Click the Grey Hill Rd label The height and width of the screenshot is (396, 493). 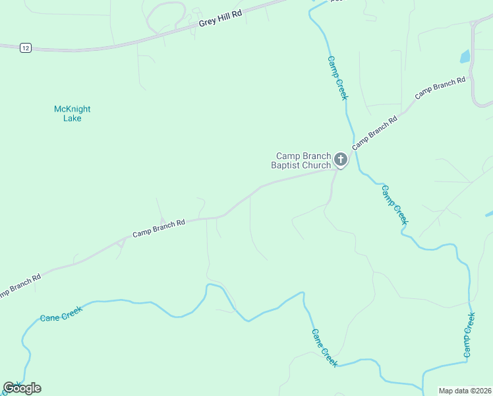220,22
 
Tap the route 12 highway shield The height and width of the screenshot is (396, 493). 25,48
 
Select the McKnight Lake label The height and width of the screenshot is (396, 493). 72,114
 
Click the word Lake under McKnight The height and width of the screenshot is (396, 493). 72,119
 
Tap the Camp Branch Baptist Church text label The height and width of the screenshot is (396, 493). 303,161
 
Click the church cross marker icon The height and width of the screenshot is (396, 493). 340,159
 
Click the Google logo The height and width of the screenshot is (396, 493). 22,388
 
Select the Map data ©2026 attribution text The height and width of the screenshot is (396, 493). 464,391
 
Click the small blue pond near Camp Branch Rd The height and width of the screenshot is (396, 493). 465,57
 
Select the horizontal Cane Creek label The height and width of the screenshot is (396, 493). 61,317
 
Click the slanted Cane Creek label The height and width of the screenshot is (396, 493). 324,347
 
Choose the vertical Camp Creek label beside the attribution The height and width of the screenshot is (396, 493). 469,336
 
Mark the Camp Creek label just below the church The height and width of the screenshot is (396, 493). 394,204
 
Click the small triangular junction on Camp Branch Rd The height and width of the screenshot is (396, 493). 120,244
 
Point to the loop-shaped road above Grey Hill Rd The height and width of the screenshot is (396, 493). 165,16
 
